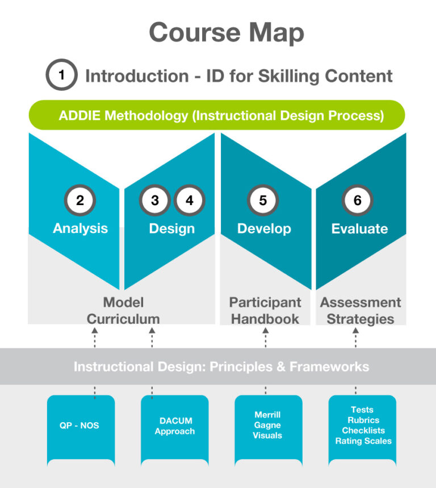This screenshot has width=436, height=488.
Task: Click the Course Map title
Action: point(227,33)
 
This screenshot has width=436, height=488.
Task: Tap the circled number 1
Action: point(61,74)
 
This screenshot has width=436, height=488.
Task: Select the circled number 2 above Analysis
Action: point(80,200)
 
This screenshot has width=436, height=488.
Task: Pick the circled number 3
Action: point(155,200)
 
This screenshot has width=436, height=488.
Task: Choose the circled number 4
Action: point(190,200)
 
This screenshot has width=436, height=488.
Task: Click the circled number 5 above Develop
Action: point(263,200)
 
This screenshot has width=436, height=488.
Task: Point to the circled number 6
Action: point(357,200)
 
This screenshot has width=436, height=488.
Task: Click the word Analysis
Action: point(80,228)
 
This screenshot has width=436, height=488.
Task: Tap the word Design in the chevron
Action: point(172,229)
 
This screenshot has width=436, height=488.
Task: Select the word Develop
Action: point(265,229)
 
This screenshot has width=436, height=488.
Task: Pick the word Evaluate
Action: point(359,229)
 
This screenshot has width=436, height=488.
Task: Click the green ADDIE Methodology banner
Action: point(217,115)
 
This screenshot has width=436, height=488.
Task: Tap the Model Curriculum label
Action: point(123,311)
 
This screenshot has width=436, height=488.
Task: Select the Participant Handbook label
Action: point(265,311)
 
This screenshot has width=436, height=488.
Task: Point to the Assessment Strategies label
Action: point(360,311)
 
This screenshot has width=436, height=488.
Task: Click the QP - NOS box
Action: point(81,431)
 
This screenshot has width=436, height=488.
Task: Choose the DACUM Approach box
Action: point(175,431)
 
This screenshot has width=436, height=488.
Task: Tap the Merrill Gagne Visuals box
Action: point(269,431)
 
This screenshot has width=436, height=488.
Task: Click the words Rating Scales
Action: point(363,441)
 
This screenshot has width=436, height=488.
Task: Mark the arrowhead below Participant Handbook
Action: point(265,331)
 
